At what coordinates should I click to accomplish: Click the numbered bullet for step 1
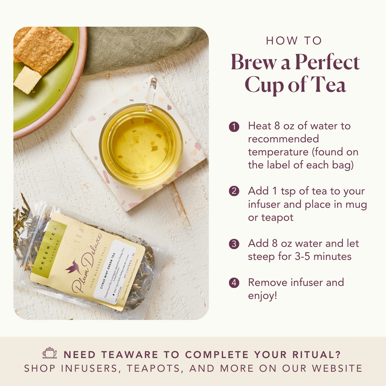pos(234,127)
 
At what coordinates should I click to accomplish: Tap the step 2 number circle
pos(234,191)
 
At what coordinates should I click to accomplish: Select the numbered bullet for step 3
pos(234,244)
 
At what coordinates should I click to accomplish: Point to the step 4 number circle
pos(234,283)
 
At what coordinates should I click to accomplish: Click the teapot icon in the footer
pos(50,353)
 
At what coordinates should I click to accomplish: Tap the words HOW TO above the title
pos(294,41)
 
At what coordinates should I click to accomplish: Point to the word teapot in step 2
pos(277,218)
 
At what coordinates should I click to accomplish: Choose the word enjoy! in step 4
pos(262,296)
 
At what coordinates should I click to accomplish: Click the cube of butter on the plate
pos(27,80)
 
